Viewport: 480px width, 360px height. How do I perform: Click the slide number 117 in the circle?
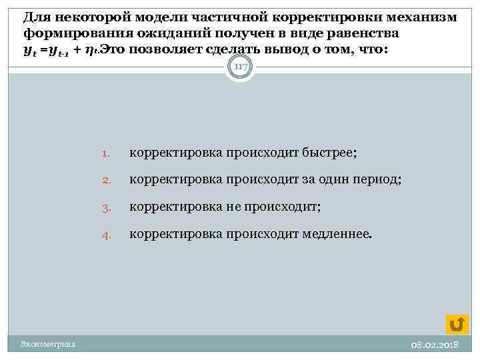click(x=240, y=67)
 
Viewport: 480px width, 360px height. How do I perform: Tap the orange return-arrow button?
click(x=457, y=323)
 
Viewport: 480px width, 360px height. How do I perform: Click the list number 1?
click(x=107, y=154)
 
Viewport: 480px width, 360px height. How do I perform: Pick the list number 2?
click(x=107, y=181)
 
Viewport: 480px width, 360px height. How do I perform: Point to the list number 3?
click(x=107, y=207)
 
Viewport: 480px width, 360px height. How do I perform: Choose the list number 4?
click(x=107, y=235)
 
